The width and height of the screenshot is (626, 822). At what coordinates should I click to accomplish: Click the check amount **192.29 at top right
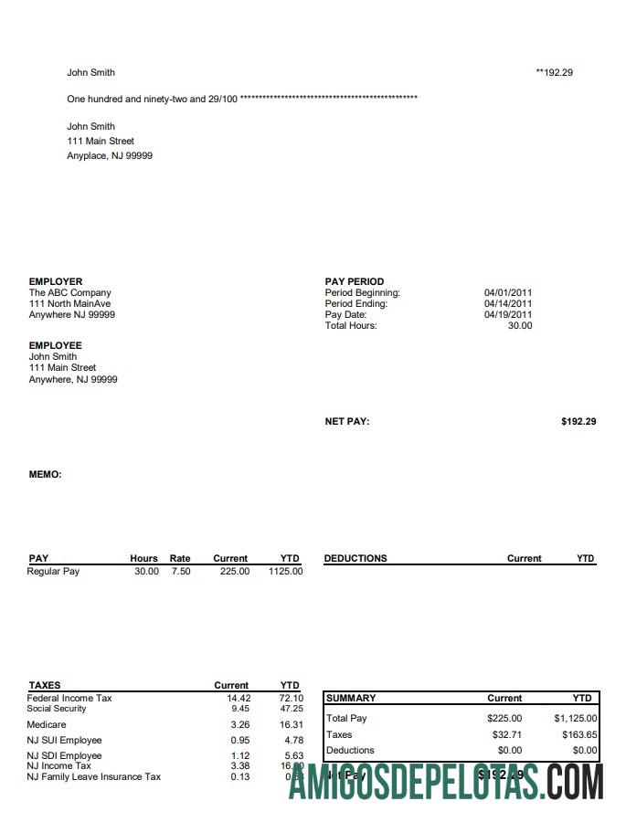coord(554,72)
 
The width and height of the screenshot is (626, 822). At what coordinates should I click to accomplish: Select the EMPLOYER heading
coord(56,281)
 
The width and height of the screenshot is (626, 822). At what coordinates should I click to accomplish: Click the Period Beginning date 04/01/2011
coord(508,293)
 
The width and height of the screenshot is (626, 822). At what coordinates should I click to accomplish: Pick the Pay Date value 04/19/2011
coord(508,315)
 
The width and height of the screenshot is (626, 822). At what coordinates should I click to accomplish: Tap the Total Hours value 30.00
coord(519,326)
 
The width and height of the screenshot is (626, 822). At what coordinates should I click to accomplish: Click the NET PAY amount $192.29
coord(578,422)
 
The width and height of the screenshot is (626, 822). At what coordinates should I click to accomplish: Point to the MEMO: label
coord(46,475)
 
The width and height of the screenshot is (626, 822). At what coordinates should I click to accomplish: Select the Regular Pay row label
coord(54,572)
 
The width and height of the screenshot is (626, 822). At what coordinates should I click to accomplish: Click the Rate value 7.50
coord(181,572)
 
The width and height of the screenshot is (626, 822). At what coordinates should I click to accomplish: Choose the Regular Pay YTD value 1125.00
coord(285,572)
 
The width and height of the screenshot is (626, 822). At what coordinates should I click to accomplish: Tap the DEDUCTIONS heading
coord(355,558)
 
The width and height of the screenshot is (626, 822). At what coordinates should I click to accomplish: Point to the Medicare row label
coord(47,724)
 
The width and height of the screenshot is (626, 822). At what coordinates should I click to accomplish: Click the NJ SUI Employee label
coord(64,740)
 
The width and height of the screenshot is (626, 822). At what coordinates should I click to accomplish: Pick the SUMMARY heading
coord(351,698)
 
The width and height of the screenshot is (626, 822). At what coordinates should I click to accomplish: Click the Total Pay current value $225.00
coord(504,719)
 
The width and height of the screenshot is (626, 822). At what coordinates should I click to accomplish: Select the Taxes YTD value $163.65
coord(579,734)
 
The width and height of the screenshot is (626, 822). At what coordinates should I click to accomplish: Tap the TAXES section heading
coord(45,685)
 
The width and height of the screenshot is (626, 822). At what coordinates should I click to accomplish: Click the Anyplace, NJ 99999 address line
coord(110,156)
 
